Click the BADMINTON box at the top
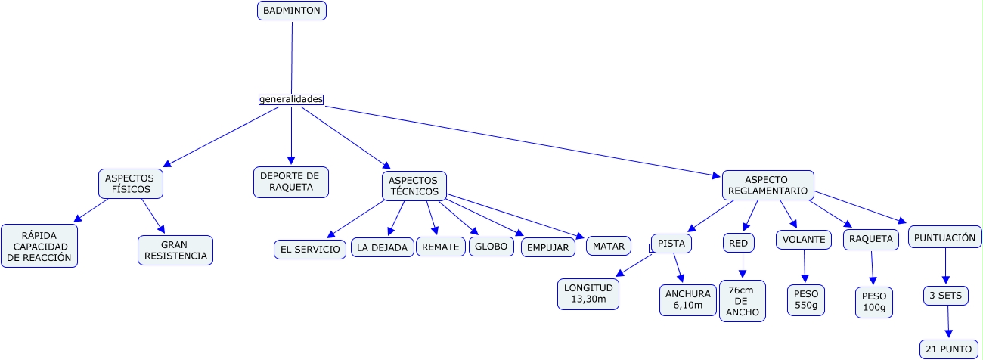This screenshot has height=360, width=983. coord(291,11)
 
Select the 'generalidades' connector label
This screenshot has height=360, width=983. coord(291,99)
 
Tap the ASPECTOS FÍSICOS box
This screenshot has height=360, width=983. coord(131,184)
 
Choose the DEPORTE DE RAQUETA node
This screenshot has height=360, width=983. coord(290,182)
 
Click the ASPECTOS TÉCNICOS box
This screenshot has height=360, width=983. coord(413,185)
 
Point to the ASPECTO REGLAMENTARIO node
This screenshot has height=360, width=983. coord(767,185)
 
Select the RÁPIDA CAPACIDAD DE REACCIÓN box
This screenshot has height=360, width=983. coord(39,246)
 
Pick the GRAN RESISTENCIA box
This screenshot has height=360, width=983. coord(175,250)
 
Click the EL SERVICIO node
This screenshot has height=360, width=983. coord(310,249)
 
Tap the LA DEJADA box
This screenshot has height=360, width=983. coord(383,247)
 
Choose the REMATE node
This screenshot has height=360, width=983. coord(440,247)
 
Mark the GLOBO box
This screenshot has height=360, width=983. coord(491,247)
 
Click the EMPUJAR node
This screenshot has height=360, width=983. coord(547,247)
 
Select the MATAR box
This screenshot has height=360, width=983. coord(608,246)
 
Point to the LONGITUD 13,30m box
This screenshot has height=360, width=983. coord(589,294)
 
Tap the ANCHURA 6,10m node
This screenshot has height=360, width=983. coord(688,299)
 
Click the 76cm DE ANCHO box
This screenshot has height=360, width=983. coord(742,301)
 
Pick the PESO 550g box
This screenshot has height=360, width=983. coord(806,299)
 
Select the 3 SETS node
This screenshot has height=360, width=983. coord(945,296)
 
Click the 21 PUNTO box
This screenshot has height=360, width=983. coord(949,349)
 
